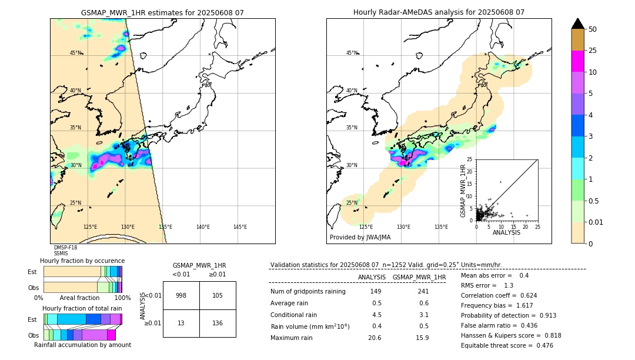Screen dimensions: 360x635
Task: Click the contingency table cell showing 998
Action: pos(181,295)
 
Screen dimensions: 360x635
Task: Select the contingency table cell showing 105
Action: pos(218,295)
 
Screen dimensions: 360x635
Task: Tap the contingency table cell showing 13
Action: pos(181,323)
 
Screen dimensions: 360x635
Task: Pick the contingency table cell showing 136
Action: pos(218,323)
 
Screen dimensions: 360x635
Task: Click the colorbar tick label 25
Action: pos(593,51)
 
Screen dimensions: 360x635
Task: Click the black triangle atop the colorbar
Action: pos(577,24)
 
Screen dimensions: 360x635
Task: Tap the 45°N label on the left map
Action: pos(76,53)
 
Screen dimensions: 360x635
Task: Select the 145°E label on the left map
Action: pos(240,227)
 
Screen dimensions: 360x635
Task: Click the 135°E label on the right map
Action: pos(441,227)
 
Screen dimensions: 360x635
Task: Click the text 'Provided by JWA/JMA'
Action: pos(360,238)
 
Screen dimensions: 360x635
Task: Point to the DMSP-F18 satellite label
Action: pos(65,248)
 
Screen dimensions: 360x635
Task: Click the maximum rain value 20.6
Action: pos(375,338)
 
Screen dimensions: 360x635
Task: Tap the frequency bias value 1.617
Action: pos(524,306)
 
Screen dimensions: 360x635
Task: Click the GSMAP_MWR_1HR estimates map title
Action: pos(162,12)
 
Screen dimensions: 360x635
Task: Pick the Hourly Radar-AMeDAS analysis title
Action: pos(439,12)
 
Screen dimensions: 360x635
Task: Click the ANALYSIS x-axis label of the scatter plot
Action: pos(506,232)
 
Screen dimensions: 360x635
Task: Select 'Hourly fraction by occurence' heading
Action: pos(82,261)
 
